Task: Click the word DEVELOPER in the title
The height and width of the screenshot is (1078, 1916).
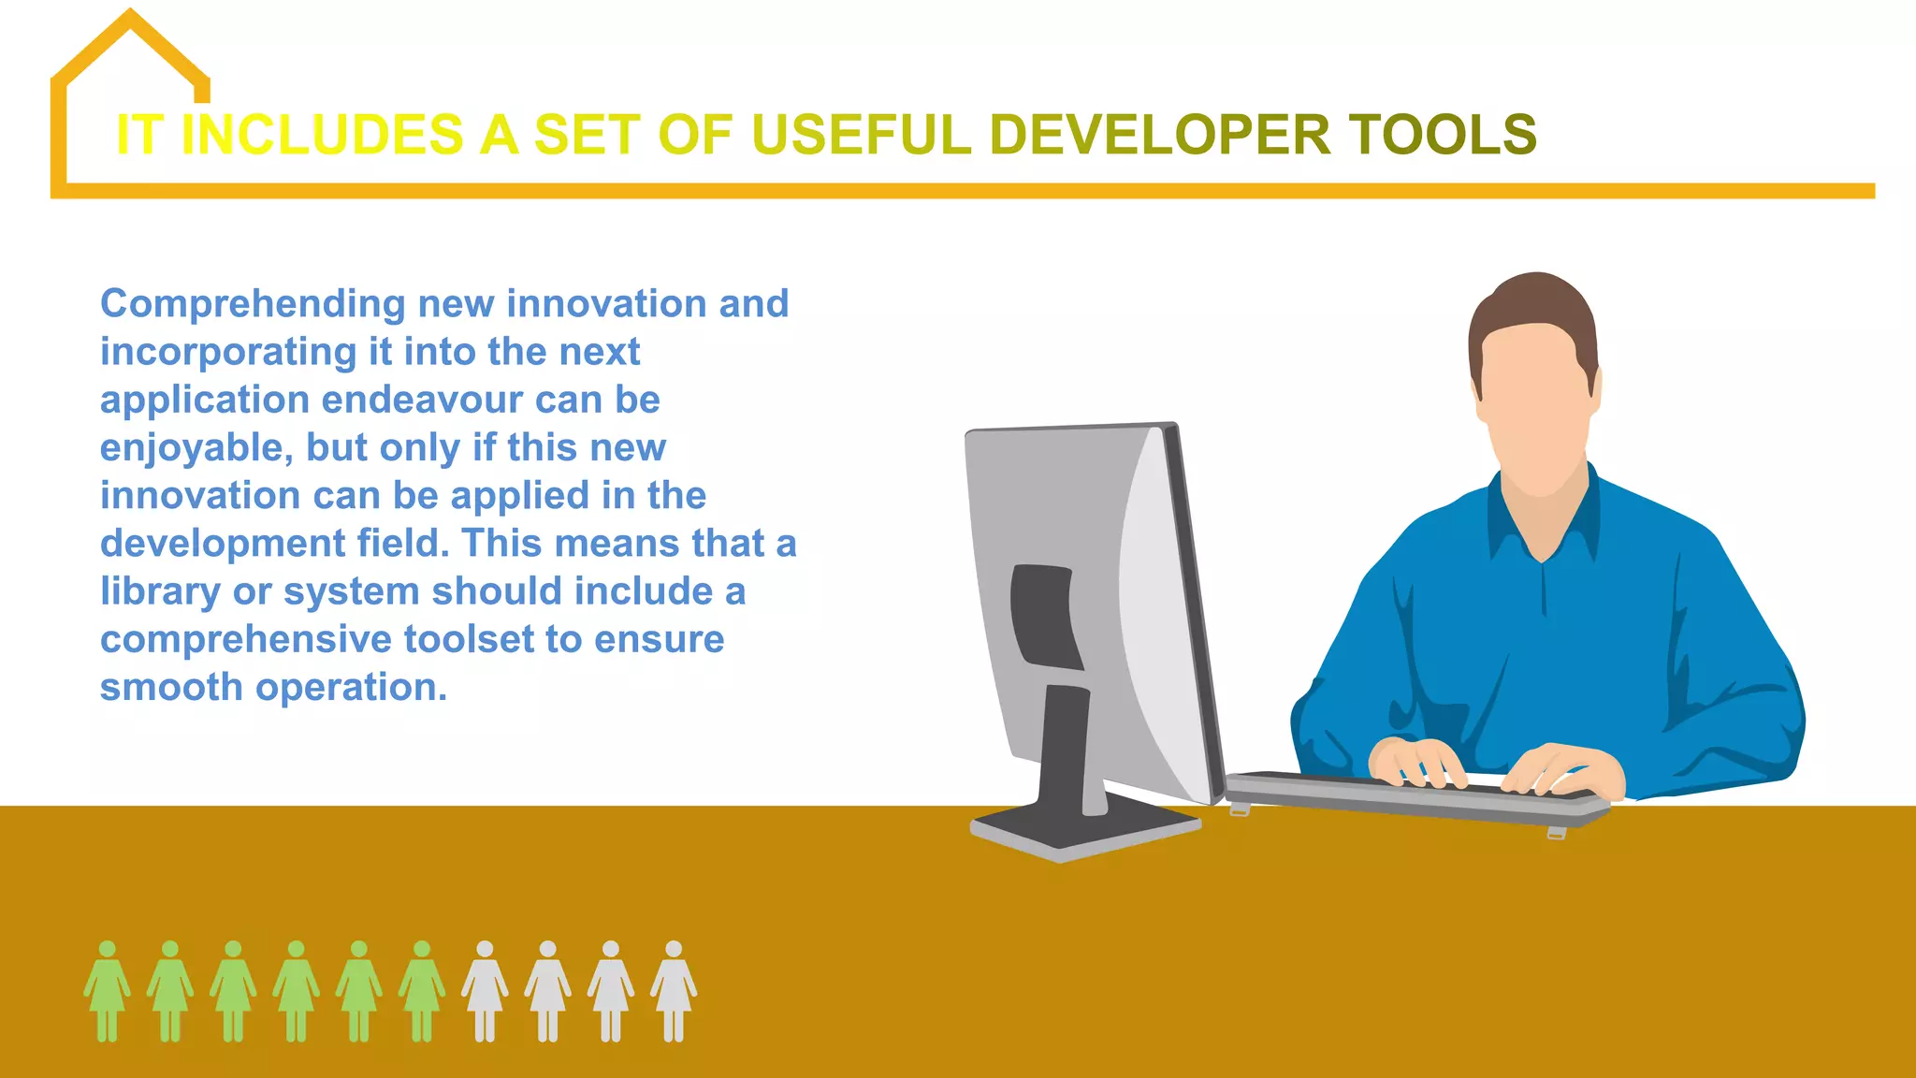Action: click(1158, 134)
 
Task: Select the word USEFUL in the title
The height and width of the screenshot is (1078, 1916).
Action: click(861, 134)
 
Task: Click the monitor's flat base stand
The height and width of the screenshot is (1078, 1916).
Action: click(1085, 828)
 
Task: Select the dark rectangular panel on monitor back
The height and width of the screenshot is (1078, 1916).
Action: click(1043, 613)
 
